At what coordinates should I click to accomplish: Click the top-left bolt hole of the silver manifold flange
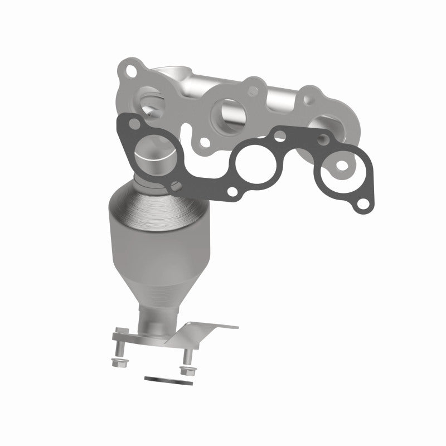pyautogui.click(x=132, y=71)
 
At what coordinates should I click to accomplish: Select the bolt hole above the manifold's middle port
pyautogui.click(x=253, y=88)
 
